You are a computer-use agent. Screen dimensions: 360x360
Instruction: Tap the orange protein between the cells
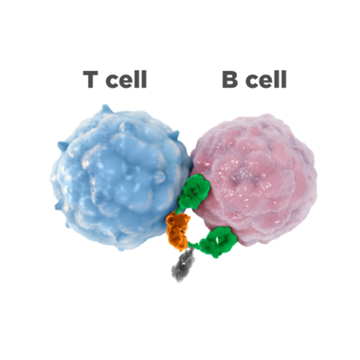(x=178, y=231)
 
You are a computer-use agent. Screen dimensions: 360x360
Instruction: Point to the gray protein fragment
(x=182, y=266)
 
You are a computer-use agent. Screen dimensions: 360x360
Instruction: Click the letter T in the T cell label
(x=91, y=79)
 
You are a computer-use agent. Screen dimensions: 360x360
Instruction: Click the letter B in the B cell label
(x=230, y=79)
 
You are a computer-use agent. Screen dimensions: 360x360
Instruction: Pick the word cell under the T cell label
(x=126, y=79)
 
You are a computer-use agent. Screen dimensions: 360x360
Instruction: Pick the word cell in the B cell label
(x=266, y=79)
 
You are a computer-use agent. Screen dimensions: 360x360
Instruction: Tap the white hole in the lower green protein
(x=217, y=241)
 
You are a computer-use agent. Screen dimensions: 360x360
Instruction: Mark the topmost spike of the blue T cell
(x=106, y=108)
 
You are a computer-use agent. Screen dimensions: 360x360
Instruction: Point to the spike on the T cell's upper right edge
(x=175, y=134)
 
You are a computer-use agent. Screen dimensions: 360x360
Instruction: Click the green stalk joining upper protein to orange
(x=179, y=209)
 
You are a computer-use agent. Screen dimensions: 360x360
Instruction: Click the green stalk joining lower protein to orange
(x=194, y=244)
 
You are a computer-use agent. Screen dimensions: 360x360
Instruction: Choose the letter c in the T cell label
(x=113, y=81)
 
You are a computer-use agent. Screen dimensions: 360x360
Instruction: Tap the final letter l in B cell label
(x=284, y=79)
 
